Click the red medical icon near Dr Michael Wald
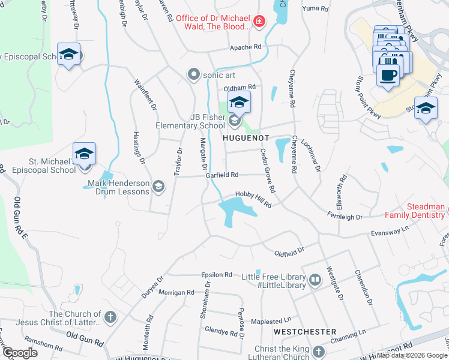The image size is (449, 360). click(259, 22)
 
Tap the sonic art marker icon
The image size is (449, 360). click(193, 75)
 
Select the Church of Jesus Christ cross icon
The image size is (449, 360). click(110, 316)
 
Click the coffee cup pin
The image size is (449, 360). click(388, 76)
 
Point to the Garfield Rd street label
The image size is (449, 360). click(222, 175)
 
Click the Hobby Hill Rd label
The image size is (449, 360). click(253, 201)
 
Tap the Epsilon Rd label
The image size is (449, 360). click(217, 275)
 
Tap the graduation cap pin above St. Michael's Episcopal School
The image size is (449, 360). click(84, 153)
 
